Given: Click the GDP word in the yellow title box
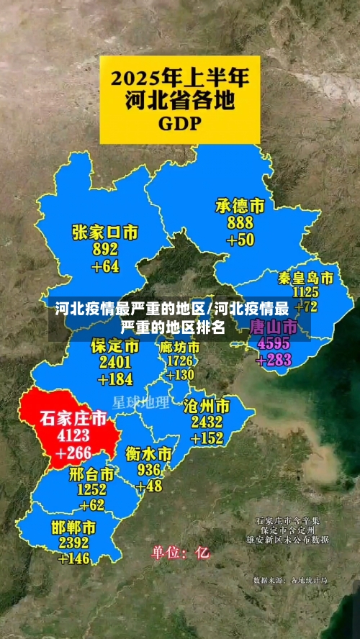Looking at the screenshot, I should [179, 122].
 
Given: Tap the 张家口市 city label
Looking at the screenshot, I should [104, 232].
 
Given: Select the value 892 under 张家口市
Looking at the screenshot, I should [105, 249].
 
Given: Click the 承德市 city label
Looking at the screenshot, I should [240, 206].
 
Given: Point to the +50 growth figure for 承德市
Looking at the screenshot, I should [240, 240].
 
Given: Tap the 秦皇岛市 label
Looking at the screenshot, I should [306, 278].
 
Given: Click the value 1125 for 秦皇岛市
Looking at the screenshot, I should [306, 291].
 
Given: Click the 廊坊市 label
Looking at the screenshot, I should [181, 347].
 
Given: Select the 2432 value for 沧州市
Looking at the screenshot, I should [207, 422].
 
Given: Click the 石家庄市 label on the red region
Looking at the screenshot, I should [73, 418].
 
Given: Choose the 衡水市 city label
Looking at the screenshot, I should [148, 454].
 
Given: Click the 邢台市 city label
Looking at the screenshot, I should [91, 474].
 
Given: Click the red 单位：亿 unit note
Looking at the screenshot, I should [180, 553].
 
